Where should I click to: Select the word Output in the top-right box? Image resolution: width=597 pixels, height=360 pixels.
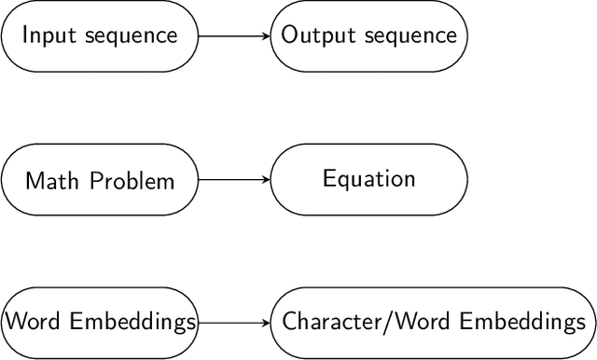pyautogui.click(x=310, y=36)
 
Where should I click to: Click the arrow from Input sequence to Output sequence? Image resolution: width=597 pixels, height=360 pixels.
pyautogui.click(x=233, y=36)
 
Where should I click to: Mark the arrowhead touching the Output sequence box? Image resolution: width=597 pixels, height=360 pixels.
pyautogui.click(x=266, y=36)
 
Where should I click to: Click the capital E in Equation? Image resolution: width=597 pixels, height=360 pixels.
pyautogui.click(x=328, y=178)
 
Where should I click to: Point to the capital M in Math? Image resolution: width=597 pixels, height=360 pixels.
pyautogui.click(x=33, y=180)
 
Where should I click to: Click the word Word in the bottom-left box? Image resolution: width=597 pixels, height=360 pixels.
pyautogui.click(x=26, y=323)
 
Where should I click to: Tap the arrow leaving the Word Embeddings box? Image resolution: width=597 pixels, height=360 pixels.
pyautogui.click(x=233, y=323)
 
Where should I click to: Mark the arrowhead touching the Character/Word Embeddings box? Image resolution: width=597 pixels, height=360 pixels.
pyautogui.click(x=266, y=323)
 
